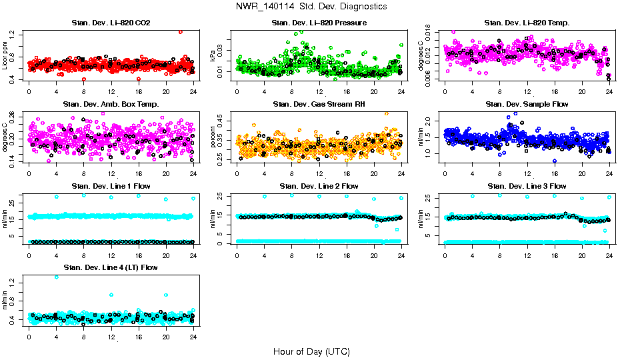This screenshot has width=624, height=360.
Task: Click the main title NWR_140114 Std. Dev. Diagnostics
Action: tap(311, 7)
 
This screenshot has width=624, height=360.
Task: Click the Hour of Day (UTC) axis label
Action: tap(311, 351)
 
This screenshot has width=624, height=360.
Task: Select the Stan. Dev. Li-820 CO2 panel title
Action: tap(111, 23)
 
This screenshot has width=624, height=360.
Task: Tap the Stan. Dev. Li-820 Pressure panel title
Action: tap(319, 23)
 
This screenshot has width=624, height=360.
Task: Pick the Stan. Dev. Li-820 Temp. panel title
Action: tap(527, 23)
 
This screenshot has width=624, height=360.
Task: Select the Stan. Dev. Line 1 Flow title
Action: tap(111, 185)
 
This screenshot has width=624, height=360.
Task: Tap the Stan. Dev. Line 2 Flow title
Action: tap(319, 185)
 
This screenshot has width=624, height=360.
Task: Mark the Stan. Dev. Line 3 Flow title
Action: tap(527, 185)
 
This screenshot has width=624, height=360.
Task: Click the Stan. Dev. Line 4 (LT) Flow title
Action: tap(111, 267)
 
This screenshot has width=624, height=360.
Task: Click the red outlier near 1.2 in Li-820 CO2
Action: tap(180, 31)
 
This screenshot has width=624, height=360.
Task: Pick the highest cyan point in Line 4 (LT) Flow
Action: tap(56, 277)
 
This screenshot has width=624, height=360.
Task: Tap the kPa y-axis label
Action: tap(213, 56)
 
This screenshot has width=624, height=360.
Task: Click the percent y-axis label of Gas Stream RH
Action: tap(213, 137)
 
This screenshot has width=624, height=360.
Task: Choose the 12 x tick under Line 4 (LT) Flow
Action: tap(111, 336)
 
